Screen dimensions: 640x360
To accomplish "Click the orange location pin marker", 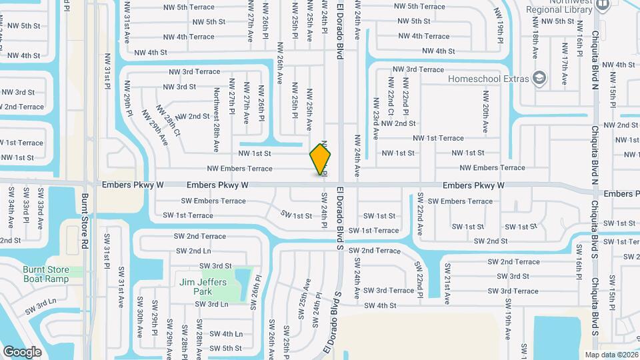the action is tap(321, 159).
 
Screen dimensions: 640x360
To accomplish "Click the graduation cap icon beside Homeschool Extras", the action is tap(539, 78).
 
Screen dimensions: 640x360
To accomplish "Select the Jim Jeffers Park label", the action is tap(203, 287).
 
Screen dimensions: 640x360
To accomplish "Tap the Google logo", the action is tap(22, 351).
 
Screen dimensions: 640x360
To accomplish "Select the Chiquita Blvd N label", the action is tap(596, 155).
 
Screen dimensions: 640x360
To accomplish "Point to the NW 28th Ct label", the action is tap(169, 121).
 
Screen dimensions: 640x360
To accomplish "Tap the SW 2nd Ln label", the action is tap(193, 251).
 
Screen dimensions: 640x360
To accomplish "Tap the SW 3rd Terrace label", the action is tap(389, 290).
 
